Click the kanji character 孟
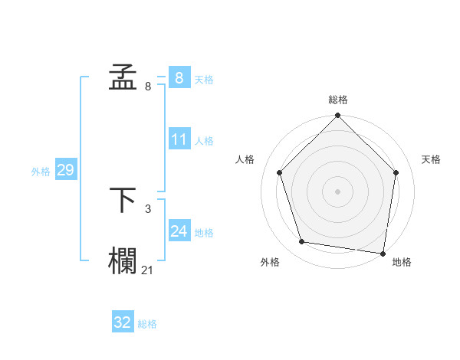point(123,78)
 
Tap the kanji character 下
point(123,201)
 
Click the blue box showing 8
point(179,78)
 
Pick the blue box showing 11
point(179,139)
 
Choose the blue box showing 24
point(179,231)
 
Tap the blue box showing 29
point(66,170)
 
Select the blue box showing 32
point(123,322)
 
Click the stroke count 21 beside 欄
point(148,269)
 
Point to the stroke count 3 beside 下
point(148,208)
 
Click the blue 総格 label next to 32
point(147,324)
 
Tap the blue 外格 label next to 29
point(41,172)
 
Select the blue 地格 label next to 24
point(204,233)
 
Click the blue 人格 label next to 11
point(204,141)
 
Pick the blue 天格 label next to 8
point(204,80)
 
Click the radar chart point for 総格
point(337,116)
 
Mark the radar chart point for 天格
point(396,172)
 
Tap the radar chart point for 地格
point(383,253)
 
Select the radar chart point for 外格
point(302,242)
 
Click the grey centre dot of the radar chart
point(337,191)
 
